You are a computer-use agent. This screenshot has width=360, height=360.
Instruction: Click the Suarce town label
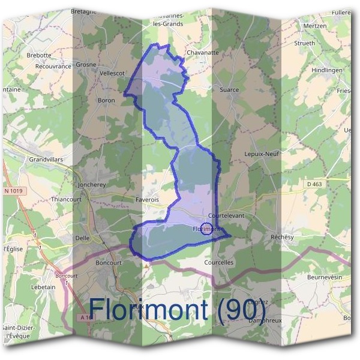pyautogui.click(x=229, y=90)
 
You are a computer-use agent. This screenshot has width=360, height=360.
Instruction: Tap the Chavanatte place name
pyautogui.click(x=202, y=53)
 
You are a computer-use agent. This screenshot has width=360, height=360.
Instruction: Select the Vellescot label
pyautogui.click(x=111, y=73)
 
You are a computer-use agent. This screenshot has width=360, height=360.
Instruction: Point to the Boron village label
pyautogui.click(x=106, y=100)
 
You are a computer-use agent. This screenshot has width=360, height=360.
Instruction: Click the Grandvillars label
pyautogui.click(x=46, y=160)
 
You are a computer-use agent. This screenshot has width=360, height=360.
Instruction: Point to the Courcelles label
pyautogui.click(x=219, y=262)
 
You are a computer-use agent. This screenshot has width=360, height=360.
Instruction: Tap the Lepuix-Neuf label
pyautogui.click(x=263, y=154)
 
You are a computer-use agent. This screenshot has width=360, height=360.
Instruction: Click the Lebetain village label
pyautogui.click(x=43, y=287)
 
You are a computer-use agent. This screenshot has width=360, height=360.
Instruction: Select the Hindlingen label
pyautogui.click(x=326, y=70)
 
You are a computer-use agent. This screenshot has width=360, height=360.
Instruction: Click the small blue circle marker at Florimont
pyautogui.click(x=206, y=229)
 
